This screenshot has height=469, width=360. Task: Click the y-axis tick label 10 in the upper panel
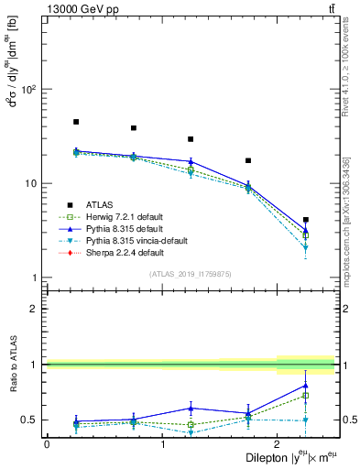[x=31, y=183]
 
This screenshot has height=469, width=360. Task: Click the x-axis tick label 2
[x=278, y=443]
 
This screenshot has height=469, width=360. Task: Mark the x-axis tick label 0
[x=47, y=443]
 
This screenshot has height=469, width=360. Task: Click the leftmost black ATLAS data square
[x=76, y=122]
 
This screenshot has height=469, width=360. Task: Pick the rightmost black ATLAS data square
[x=306, y=220]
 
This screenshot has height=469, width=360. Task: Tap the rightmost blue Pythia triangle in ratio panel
[x=306, y=386]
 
